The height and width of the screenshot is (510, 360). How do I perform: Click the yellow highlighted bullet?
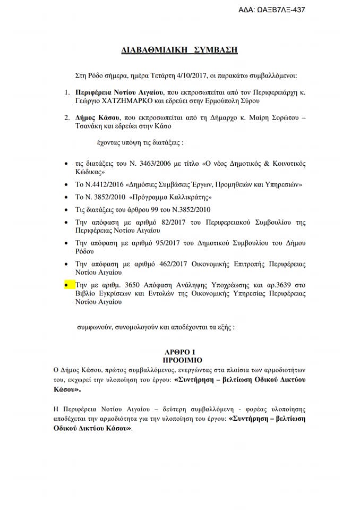[x=66, y=285]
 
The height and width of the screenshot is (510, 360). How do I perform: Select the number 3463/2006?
[x=150, y=163]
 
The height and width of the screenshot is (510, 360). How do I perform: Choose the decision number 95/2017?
[x=168, y=243]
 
